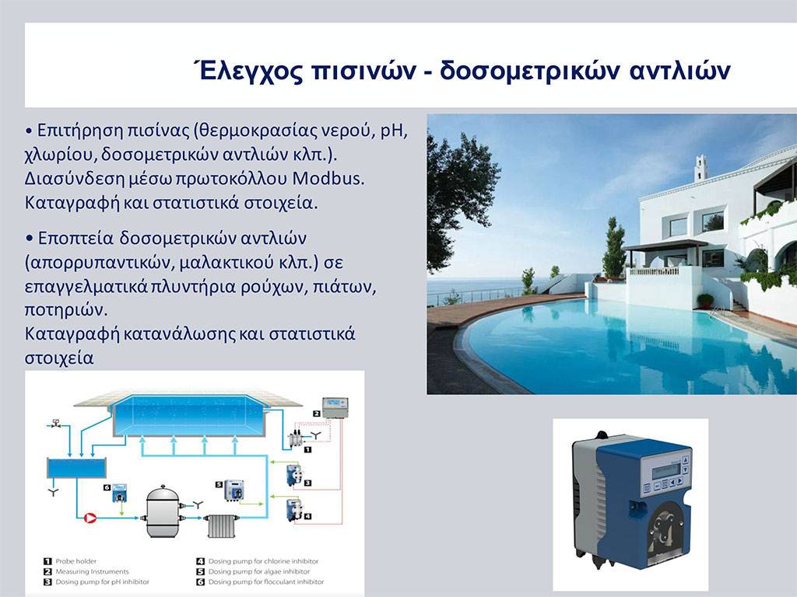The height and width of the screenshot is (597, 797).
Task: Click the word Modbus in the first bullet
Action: (x=328, y=179)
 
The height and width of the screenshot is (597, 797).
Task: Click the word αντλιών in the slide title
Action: (x=680, y=70)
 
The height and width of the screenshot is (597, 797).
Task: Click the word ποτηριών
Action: (x=66, y=309)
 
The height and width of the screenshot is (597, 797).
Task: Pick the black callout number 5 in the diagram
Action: (x=219, y=484)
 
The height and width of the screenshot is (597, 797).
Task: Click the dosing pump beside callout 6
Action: (x=120, y=493)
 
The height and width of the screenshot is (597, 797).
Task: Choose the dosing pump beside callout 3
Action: (x=294, y=475)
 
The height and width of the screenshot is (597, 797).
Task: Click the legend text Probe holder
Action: (x=75, y=561)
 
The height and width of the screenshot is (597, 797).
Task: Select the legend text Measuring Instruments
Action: (x=92, y=571)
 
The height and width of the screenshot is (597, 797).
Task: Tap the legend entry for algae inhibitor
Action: (x=258, y=571)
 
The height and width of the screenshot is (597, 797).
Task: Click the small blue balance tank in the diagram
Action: (x=77, y=468)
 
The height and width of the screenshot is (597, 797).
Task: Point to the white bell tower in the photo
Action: (x=701, y=168)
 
